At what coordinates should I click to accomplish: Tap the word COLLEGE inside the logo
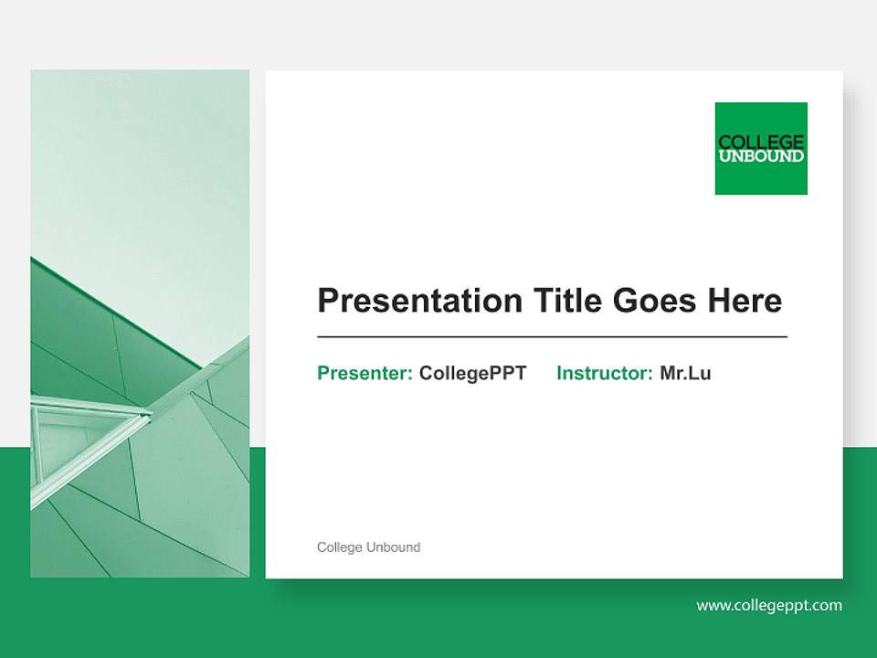pos(761,142)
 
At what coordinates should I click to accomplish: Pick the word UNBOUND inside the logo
pos(761,156)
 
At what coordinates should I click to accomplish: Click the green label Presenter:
pos(365,373)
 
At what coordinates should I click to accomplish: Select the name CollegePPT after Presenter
pos(472,373)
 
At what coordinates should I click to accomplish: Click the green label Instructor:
pos(604,373)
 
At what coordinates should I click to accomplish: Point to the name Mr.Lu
pos(685,373)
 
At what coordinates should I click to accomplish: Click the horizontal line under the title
pos(552,337)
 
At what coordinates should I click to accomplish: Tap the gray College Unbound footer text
pos(368,547)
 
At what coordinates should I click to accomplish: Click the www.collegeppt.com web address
pos(769,605)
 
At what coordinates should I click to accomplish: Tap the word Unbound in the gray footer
pos(393,547)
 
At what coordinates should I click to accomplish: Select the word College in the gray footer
pos(339,547)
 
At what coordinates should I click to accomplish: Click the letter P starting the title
pos(327,301)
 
